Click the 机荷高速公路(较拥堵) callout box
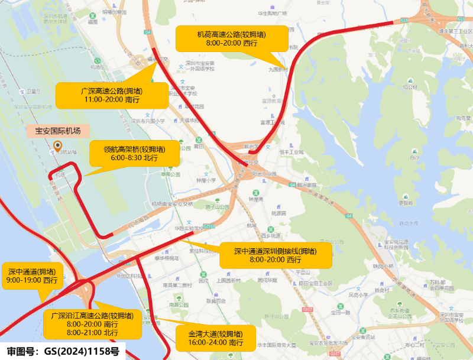232,38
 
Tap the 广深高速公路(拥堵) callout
112,95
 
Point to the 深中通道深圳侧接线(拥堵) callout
276,255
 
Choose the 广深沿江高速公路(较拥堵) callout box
92,324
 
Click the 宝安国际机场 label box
58,131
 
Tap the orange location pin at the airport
57,147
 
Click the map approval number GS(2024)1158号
61,352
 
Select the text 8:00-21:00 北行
93,333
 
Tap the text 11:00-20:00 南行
112,99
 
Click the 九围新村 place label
277,69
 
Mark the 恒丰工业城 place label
291,152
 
